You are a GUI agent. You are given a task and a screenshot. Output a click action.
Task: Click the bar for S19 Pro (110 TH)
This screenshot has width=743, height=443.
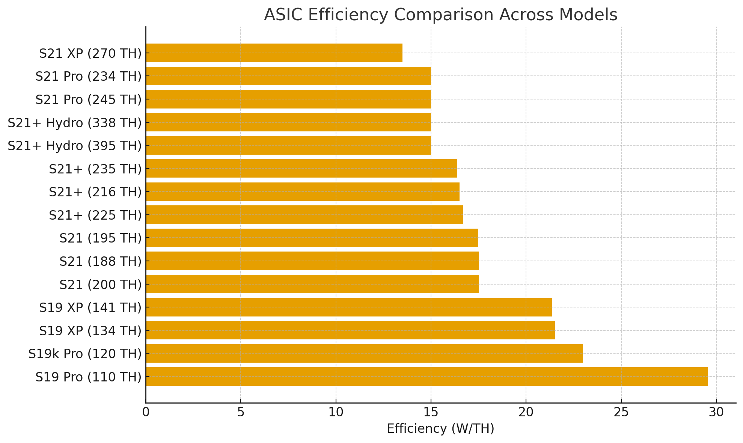click(x=427, y=377)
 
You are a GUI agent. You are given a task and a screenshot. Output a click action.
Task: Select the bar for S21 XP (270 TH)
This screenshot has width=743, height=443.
click(x=274, y=53)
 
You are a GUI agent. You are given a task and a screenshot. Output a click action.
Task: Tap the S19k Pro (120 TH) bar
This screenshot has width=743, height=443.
click(x=364, y=353)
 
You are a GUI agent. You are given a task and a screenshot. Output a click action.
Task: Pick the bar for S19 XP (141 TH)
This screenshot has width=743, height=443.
click(x=349, y=307)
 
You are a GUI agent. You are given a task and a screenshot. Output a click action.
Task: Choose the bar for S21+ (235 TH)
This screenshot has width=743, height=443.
click(x=301, y=169)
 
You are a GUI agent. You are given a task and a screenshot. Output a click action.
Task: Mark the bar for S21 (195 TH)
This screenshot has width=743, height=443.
click(x=312, y=238)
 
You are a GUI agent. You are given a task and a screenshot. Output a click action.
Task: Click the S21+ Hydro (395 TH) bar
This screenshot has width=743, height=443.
click(x=288, y=145)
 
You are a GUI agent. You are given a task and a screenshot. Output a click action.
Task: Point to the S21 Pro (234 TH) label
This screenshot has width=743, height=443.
click(x=89, y=77)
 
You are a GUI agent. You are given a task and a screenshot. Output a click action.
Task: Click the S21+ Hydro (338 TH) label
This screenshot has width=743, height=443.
click(x=75, y=123)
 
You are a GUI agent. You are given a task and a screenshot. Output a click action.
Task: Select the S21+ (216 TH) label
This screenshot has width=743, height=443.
click(x=95, y=192)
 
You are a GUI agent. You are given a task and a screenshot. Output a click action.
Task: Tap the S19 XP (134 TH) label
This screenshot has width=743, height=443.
click(x=90, y=331)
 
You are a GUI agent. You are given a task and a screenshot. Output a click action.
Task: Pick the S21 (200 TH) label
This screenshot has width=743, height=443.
click(x=101, y=285)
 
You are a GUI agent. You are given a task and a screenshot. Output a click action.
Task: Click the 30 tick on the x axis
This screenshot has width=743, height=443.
click(x=716, y=413)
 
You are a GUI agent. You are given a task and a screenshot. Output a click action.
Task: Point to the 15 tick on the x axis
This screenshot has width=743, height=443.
click(x=431, y=413)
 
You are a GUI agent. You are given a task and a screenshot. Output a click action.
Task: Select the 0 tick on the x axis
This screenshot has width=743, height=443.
click(x=146, y=413)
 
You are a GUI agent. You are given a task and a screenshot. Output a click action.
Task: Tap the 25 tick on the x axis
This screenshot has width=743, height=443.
click(x=621, y=413)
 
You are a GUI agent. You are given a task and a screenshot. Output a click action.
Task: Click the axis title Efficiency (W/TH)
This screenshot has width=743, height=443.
click(x=440, y=429)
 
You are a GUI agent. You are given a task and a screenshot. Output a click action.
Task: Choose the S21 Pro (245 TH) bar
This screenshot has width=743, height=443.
click(x=288, y=99)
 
